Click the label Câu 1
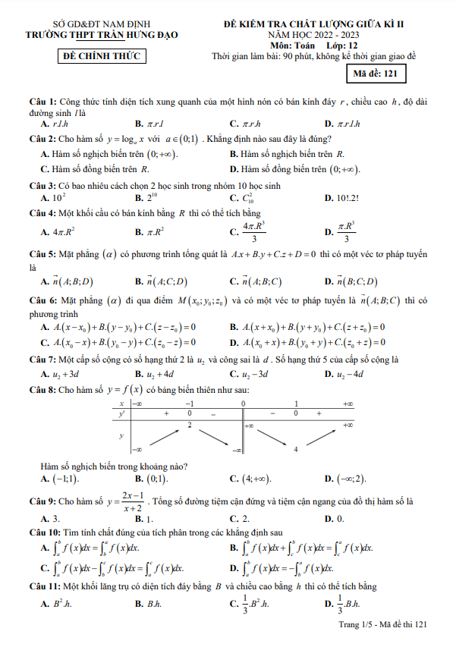tap(42, 102)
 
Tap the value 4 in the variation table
tap(295, 450)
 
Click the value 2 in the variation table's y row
tap(189, 425)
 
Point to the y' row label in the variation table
tap(121, 414)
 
